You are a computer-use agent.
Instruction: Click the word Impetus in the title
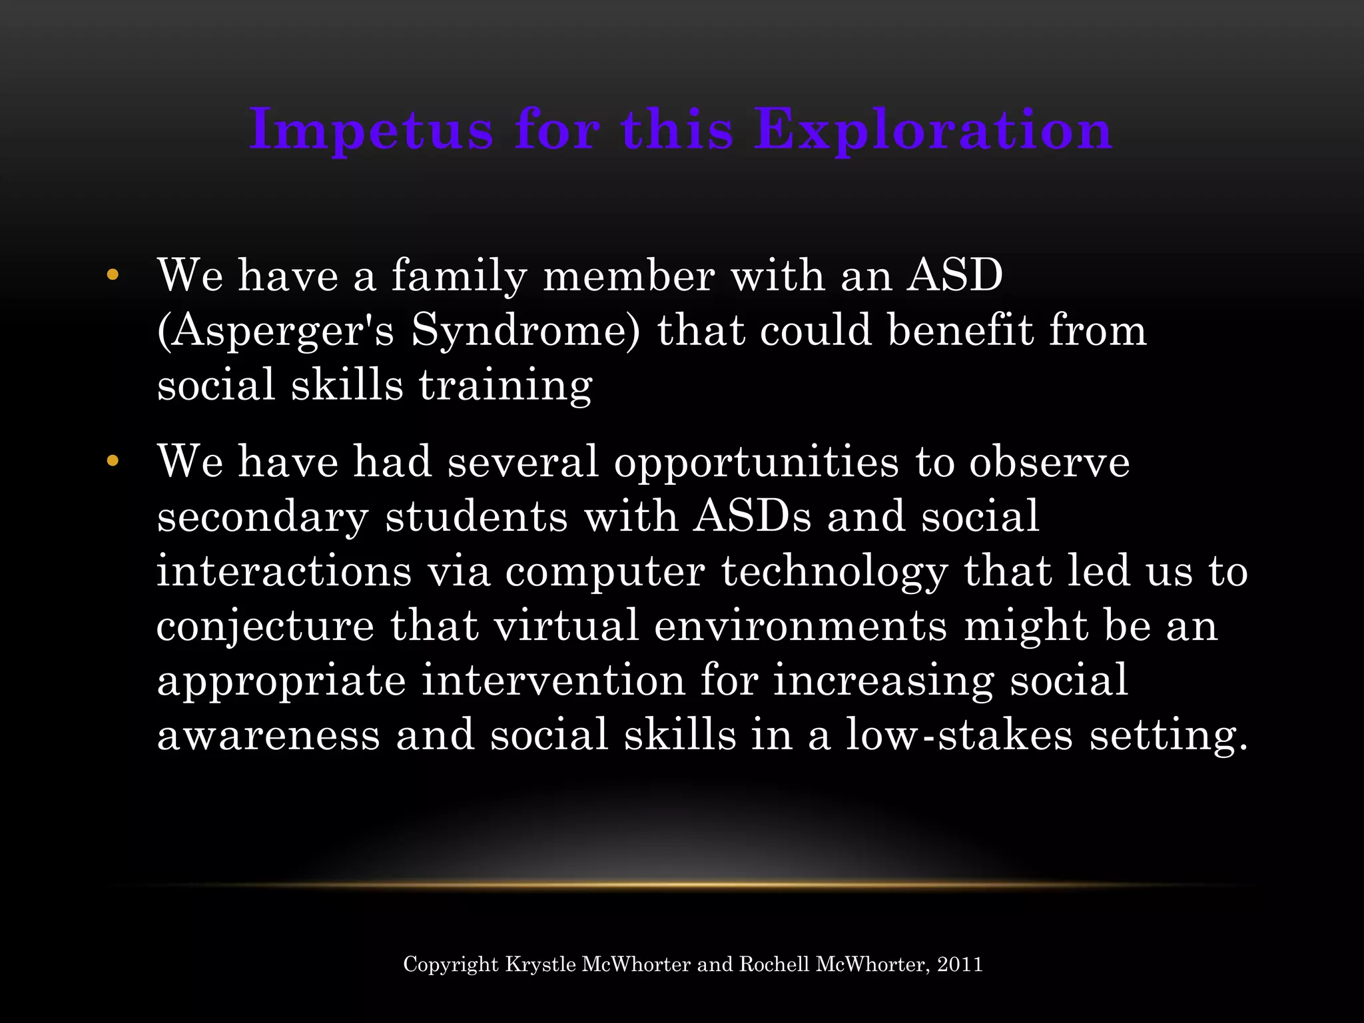[371, 130]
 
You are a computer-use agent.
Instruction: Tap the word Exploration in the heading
[933, 130]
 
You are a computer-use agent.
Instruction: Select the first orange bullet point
[112, 274]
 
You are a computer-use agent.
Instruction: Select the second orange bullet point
[112, 460]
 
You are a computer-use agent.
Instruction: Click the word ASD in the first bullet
[955, 274]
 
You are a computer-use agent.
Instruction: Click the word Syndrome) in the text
[525, 330]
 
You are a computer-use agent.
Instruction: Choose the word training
[506, 385]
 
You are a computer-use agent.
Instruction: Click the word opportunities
[757, 462]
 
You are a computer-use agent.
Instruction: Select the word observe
[1049, 462]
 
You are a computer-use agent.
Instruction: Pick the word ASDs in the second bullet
[752, 516]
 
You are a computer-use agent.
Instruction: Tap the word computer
[605, 571]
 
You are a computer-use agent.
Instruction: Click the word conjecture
[265, 626]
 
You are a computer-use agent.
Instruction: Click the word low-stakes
[959, 735]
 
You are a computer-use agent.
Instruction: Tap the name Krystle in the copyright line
[540, 964]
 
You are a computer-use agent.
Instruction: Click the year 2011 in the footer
[960, 964]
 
